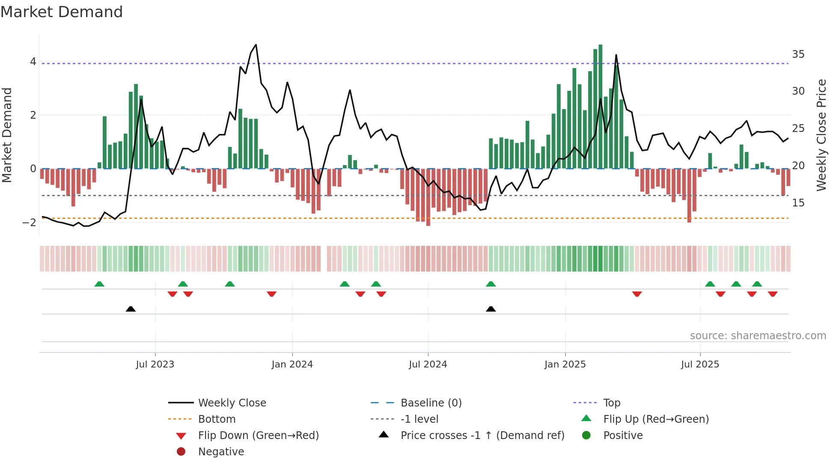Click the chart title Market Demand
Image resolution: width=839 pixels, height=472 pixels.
[x=62, y=12]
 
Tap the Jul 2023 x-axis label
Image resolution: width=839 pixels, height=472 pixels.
[x=155, y=364]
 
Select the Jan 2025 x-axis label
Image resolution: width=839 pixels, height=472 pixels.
[x=565, y=364]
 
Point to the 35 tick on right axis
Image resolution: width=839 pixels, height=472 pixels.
[x=798, y=54]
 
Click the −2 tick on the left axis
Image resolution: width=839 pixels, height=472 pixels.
[x=29, y=222]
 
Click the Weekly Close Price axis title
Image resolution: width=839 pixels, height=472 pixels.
[x=821, y=135]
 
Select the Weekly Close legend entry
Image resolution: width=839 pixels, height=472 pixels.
[x=232, y=403]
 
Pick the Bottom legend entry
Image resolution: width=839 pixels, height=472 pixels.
[x=217, y=419]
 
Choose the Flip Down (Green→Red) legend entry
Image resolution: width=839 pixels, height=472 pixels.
[x=258, y=436]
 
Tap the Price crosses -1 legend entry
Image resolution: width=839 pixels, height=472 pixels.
[x=482, y=436]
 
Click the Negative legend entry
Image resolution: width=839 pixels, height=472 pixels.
[x=221, y=452]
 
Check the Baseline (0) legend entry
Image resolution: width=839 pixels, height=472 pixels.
[x=431, y=403]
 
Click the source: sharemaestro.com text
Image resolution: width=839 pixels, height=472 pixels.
[x=758, y=336]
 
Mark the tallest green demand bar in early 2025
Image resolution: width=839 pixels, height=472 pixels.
[x=601, y=107]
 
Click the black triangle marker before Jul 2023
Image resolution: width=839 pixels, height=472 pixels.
[x=131, y=309]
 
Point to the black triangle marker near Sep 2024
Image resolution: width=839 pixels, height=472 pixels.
[x=491, y=309]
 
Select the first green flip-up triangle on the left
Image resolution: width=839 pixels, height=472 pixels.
[x=99, y=284]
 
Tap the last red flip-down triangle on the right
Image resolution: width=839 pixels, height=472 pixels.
[x=773, y=294]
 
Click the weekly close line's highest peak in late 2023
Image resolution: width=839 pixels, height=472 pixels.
[x=256, y=45]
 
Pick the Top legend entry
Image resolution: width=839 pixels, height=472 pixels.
[x=611, y=403]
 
